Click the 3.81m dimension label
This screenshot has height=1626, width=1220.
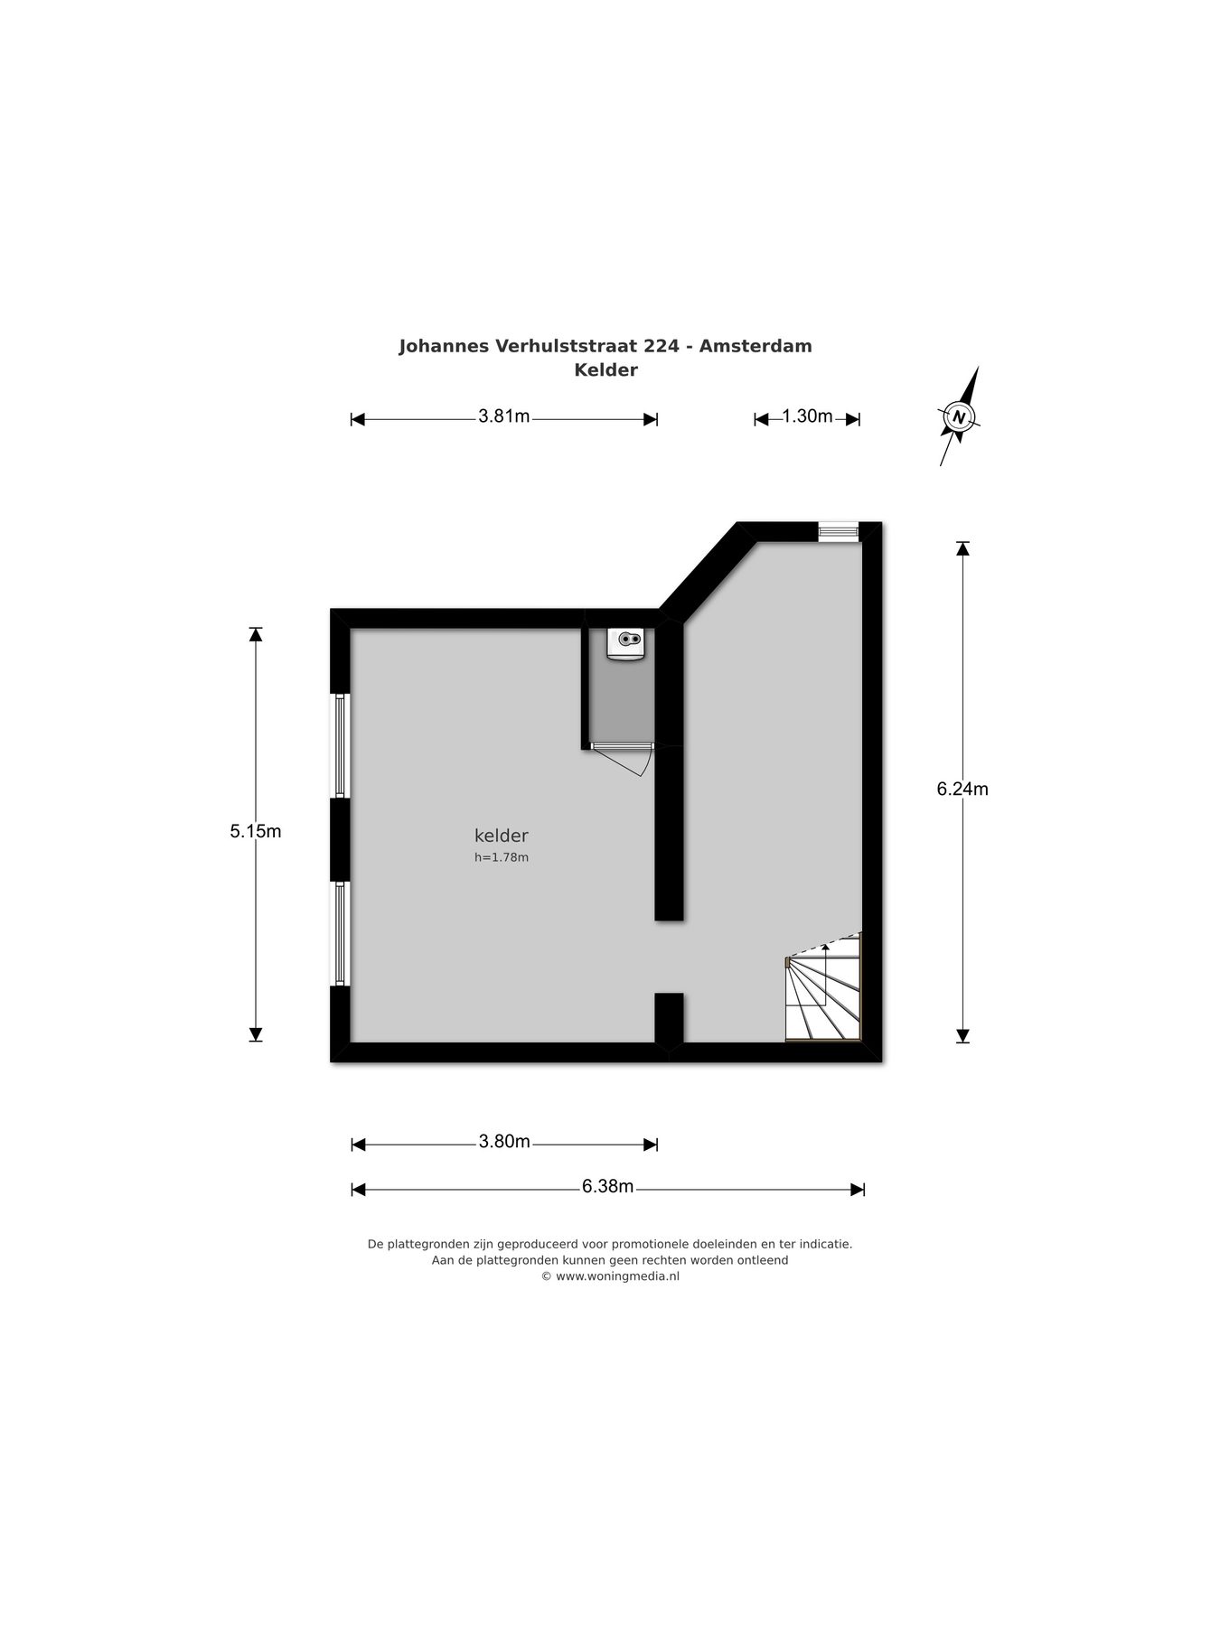[x=503, y=416]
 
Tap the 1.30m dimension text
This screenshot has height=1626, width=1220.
[x=806, y=416]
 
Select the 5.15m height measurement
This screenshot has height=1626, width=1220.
[x=256, y=831]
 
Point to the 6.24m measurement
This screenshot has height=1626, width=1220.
[x=962, y=790]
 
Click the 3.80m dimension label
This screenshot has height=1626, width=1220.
[x=504, y=1142]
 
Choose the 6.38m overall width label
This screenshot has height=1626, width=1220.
[x=607, y=1187]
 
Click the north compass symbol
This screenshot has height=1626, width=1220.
[x=959, y=416]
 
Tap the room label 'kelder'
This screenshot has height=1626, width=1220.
[x=501, y=836]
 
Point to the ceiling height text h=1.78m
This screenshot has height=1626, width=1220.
[x=502, y=857]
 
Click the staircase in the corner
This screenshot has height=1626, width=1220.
[x=823, y=990]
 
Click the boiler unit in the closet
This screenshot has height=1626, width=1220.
[x=626, y=642]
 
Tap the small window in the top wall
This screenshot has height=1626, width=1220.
[x=838, y=531]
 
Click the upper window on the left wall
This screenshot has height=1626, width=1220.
[x=340, y=745]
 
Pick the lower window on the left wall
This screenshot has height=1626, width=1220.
[x=340, y=933]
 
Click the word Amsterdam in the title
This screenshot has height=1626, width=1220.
[x=755, y=346]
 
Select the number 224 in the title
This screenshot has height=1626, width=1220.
[x=662, y=346]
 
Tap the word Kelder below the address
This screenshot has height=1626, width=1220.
[x=605, y=369]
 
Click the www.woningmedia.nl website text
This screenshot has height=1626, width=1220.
[x=616, y=1276]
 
